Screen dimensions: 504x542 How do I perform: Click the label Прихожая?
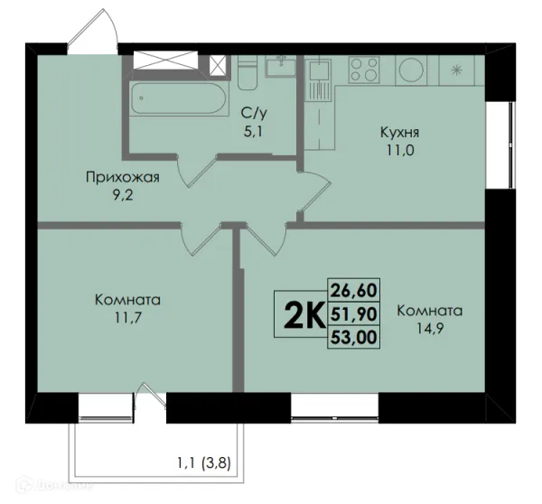coord(123,177)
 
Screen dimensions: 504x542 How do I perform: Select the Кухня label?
coord(398,133)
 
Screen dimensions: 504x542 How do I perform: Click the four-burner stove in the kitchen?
coord(364,70)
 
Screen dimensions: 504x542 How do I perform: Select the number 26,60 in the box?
coord(353,290)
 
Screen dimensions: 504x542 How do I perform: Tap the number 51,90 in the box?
coord(353,313)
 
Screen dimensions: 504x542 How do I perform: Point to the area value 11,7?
coord(126,318)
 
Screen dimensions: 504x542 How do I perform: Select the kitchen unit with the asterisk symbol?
coord(456,70)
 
